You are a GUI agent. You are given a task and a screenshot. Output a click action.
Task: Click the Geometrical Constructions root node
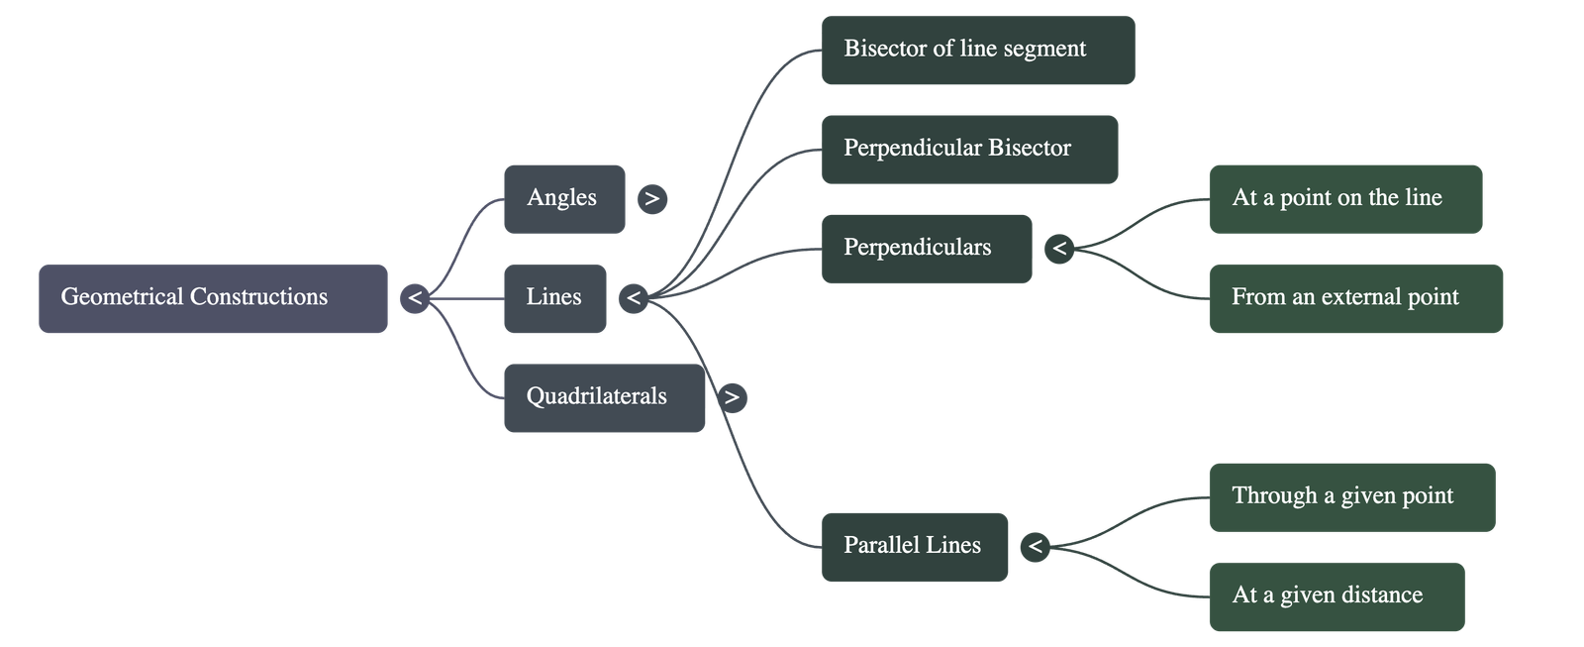pyautogui.click(x=213, y=298)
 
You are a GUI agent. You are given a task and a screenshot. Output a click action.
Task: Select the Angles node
pyautogui.click(x=563, y=198)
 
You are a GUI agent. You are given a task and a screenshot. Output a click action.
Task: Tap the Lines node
pyautogui.click(x=554, y=298)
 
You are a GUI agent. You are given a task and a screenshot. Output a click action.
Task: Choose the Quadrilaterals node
pyautogui.click(x=604, y=397)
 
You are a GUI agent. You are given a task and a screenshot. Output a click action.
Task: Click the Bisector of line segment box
pyautogui.click(x=977, y=50)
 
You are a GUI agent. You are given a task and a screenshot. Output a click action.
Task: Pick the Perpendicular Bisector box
pyautogui.click(x=969, y=149)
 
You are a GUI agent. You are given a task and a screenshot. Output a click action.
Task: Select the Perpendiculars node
pyautogui.click(x=926, y=249)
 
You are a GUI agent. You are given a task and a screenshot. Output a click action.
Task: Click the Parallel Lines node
pyautogui.click(x=914, y=546)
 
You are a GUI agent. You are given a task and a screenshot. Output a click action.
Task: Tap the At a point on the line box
pyautogui.click(x=1344, y=198)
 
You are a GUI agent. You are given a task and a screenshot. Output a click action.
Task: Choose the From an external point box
pyautogui.click(x=1355, y=298)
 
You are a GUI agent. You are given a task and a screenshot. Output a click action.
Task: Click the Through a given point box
pyautogui.click(x=1351, y=496)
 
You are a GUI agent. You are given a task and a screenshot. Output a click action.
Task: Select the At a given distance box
pyautogui.click(x=1336, y=596)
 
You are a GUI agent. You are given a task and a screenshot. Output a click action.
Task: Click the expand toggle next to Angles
pyautogui.click(x=651, y=199)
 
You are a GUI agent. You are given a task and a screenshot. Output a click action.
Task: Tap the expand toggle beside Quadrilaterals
pyautogui.click(x=732, y=397)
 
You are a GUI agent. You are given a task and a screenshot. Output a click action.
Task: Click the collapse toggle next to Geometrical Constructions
pyautogui.click(x=415, y=297)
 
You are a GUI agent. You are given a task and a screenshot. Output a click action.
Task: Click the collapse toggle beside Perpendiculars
pyautogui.click(x=1059, y=249)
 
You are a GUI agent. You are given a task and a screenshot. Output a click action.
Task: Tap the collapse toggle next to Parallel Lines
pyautogui.click(x=1035, y=546)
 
